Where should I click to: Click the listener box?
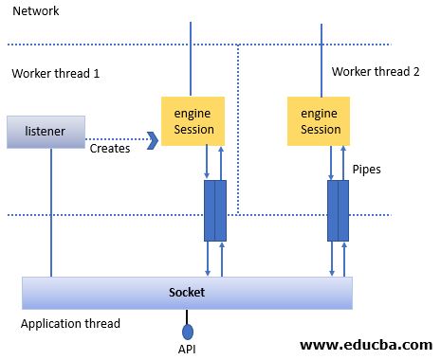click(x=45, y=132)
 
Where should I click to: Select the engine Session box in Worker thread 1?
click(x=193, y=121)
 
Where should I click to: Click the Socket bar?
click(x=187, y=293)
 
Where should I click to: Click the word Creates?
click(x=110, y=148)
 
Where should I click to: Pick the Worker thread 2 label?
click(x=375, y=72)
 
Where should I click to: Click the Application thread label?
click(x=70, y=324)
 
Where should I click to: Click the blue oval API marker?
click(x=188, y=331)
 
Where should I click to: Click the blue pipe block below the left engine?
click(x=215, y=210)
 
